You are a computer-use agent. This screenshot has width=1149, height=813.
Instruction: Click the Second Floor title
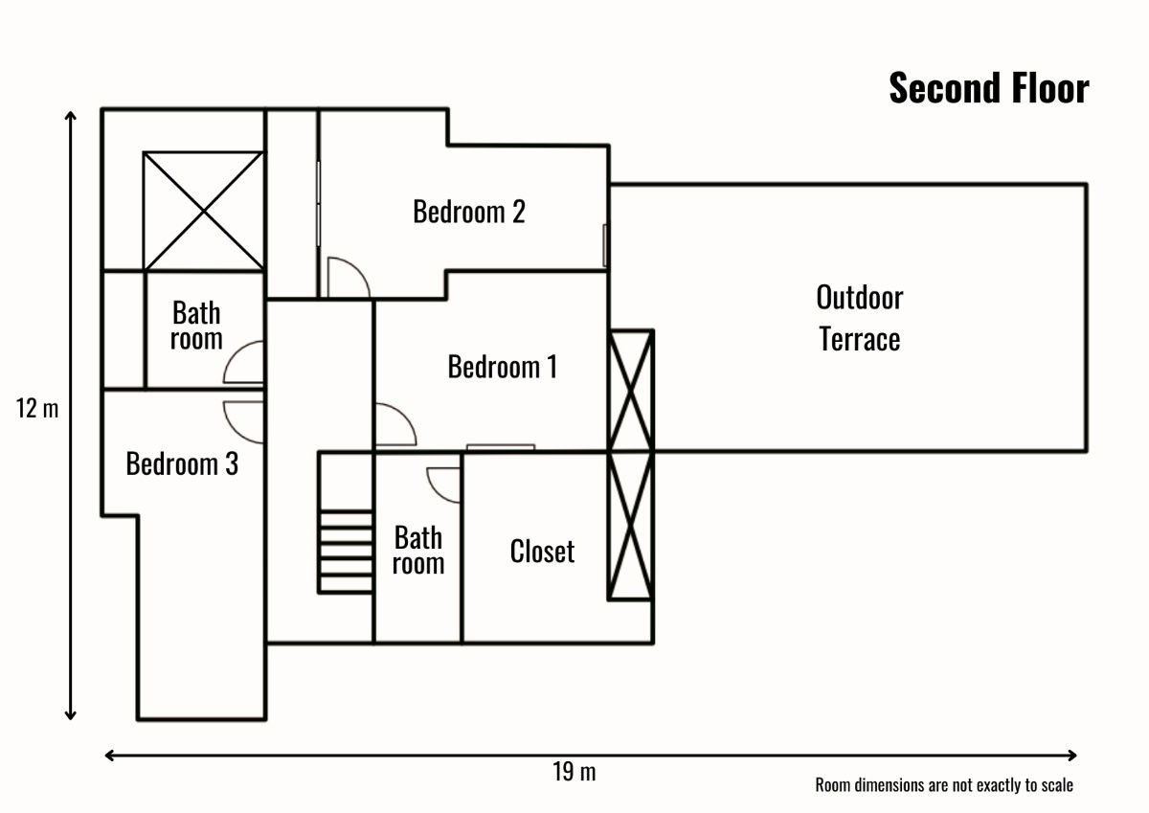tap(988, 88)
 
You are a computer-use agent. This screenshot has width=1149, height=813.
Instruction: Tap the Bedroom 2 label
tap(468, 211)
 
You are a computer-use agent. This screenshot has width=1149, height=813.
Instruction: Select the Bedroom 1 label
tap(502, 367)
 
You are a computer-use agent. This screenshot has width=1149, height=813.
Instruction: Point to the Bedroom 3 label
tap(182, 464)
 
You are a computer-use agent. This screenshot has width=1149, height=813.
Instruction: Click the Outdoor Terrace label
tap(859, 318)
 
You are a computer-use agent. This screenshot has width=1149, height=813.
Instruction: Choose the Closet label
tap(542, 552)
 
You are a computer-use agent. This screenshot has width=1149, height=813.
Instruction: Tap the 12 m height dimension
tap(37, 409)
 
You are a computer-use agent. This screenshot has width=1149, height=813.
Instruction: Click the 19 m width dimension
tap(574, 772)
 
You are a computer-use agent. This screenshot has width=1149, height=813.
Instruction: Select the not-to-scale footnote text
tap(943, 785)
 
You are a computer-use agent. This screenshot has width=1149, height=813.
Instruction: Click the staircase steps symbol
tap(346, 552)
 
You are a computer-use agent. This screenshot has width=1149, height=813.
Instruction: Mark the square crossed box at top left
tap(202, 211)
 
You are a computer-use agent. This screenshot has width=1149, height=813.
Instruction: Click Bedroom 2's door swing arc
tap(347, 278)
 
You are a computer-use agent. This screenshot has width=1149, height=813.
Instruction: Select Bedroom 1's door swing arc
tap(394, 426)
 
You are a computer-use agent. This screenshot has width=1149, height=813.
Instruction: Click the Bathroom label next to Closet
tap(418, 550)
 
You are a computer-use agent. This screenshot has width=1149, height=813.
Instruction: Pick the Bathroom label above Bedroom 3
tap(196, 326)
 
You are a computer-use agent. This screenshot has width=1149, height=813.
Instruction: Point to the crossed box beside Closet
tap(631, 526)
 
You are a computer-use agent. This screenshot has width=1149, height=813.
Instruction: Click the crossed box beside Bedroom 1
tap(631, 390)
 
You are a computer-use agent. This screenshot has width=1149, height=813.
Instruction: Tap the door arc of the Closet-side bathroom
tap(445, 484)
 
